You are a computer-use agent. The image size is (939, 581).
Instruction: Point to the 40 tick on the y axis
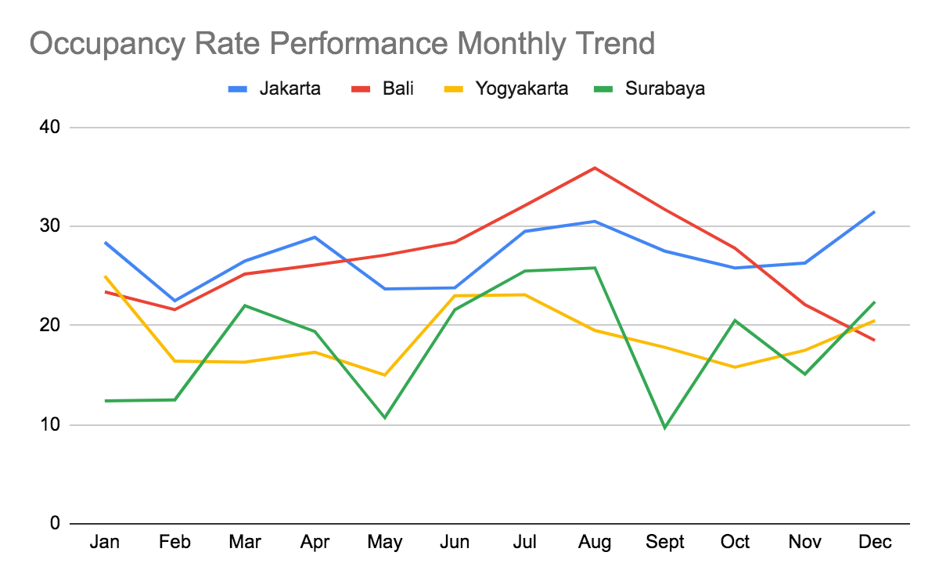pos(49,127)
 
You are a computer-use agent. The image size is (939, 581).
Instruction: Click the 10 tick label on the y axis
pos(49,425)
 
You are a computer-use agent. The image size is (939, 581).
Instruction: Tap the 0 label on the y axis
pos(54,523)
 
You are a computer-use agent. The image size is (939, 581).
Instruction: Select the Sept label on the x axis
pos(665,542)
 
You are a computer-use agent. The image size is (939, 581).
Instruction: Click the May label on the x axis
pos(385,542)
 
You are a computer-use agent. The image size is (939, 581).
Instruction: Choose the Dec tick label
pos(875,542)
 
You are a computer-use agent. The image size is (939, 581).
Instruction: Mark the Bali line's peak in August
pos(595,168)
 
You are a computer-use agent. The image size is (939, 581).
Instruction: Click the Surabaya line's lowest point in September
pos(665,428)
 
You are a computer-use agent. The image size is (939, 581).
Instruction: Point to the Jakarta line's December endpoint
pos(875,211)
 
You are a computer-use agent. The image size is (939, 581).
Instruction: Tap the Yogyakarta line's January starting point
pos(105,276)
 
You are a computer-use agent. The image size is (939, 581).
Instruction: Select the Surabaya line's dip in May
pos(385,417)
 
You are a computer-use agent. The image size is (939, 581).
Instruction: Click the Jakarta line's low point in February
pos(174,301)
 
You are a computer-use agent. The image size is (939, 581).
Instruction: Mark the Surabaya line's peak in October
pos(735,320)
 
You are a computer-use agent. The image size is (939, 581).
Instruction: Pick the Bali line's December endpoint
pos(875,340)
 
